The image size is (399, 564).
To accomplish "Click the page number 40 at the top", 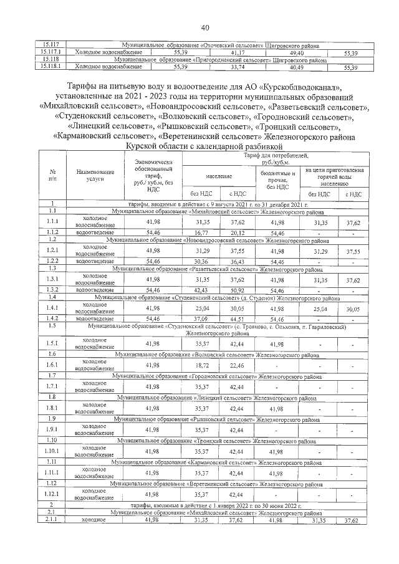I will tap(206, 27).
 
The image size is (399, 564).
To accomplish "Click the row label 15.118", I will tap(49, 60).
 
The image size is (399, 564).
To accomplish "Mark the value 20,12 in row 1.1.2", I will tap(238, 232).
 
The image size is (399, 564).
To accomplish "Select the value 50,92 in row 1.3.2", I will tap(238, 289).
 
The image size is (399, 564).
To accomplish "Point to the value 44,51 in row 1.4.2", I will tap(238, 318).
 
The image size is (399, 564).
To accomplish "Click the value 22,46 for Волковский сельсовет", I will tap(238, 365).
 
